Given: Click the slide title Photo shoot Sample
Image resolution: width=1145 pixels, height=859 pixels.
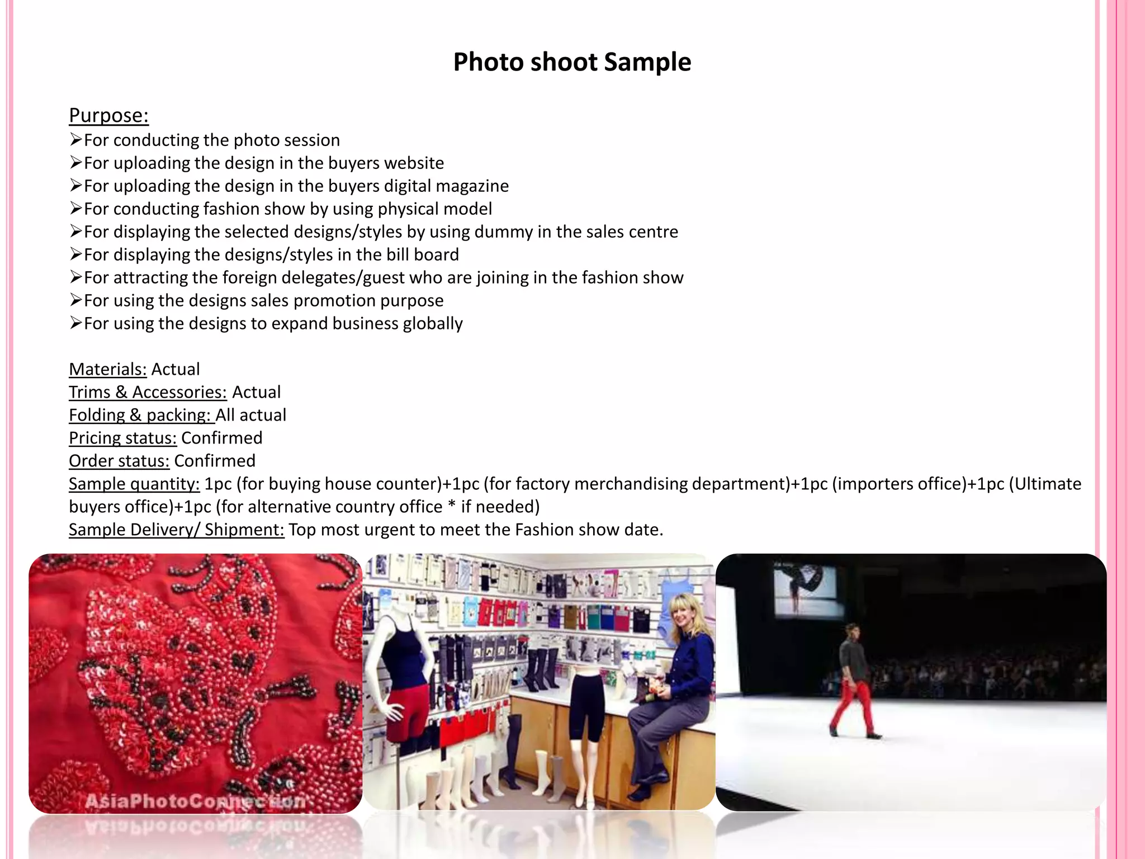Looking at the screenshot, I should pos(572,62).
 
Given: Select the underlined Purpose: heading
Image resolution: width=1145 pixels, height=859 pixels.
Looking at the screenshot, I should pos(108,115).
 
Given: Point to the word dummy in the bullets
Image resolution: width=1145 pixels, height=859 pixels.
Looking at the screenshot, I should pos(506,232).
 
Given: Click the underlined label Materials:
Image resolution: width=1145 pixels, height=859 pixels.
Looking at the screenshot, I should pos(107,369).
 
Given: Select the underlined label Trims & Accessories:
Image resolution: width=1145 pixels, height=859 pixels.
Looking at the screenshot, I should pos(148,392).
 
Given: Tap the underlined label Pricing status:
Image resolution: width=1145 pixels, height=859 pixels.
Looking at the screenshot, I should pos(122,438).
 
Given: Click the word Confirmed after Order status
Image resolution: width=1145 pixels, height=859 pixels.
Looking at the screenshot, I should pos(215,461).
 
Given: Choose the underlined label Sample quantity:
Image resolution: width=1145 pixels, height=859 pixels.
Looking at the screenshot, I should pos(134,484).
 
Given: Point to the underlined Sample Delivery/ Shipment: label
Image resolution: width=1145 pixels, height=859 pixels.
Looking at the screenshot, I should pos(176,530).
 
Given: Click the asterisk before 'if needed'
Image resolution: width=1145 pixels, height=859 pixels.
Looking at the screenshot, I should pos(452,506).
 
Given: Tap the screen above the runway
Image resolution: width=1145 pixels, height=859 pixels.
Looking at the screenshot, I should pos(805,587).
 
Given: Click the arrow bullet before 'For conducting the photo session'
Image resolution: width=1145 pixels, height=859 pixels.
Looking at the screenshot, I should pos(76,139).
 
